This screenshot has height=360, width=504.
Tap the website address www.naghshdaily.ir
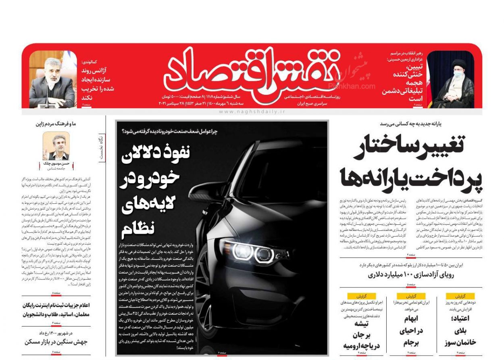tap(252, 112)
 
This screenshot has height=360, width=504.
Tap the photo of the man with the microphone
tap(52, 79)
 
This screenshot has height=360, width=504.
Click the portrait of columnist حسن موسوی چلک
tap(56, 146)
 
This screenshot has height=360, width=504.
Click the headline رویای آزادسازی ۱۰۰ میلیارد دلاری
tap(411, 275)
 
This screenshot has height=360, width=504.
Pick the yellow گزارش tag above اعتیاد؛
tap(460, 296)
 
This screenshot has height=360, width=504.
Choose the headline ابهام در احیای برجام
tap(411, 331)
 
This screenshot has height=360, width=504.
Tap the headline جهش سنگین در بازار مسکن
tap(56, 342)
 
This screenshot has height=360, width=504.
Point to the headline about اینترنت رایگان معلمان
tap(56, 310)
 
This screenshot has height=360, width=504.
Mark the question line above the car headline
tap(169, 132)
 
